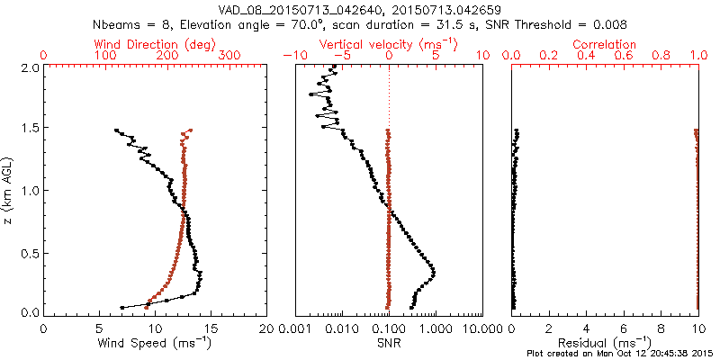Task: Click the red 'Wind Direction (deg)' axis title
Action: point(155,44)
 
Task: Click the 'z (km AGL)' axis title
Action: point(11,190)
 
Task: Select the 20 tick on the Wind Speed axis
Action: point(267,328)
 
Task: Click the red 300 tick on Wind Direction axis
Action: point(229,56)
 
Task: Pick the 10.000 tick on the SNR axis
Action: point(481,328)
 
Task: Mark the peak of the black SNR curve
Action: point(434,271)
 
